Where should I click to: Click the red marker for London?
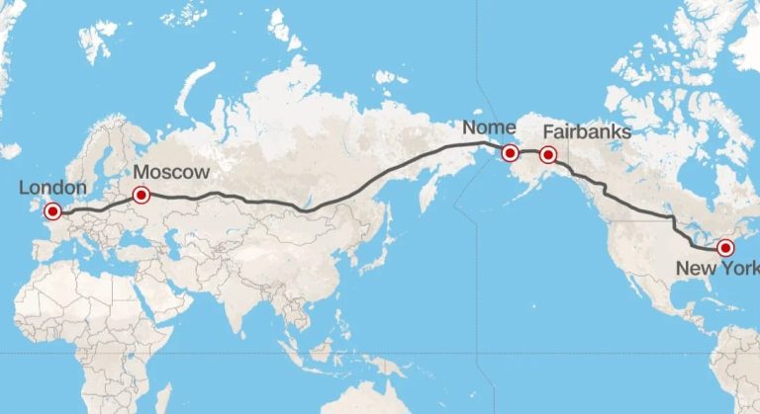pos(51,210)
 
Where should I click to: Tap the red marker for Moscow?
pos(141,195)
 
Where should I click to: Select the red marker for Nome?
pos(510,153)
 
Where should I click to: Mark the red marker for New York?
pos(724,247)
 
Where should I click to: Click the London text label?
pos(53,188)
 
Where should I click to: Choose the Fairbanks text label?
pos(588,132)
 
